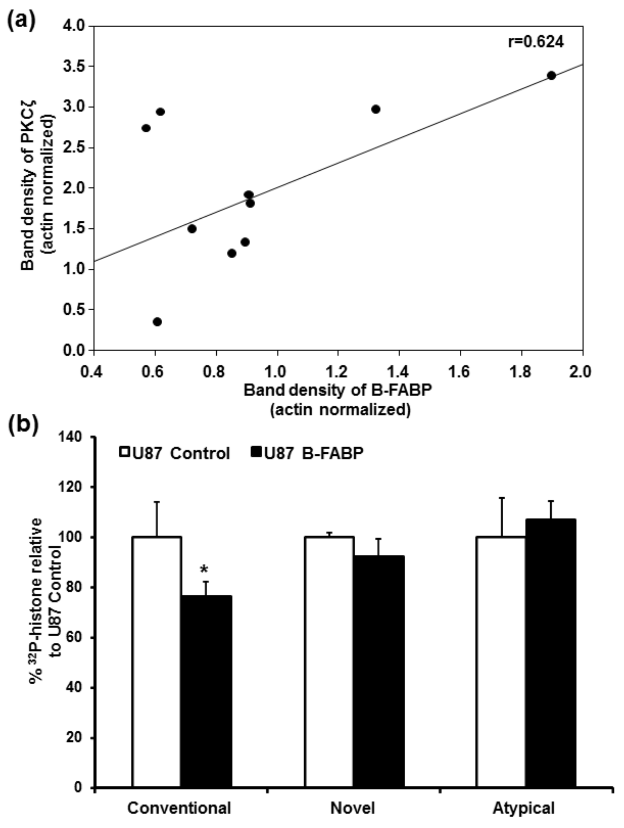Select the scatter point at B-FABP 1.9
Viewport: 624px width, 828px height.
click(551, 76)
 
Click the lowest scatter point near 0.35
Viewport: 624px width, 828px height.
click(157, 322)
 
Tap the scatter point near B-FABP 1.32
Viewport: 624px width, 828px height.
click(376, 109)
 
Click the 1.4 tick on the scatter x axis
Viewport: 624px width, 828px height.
click(399, 372)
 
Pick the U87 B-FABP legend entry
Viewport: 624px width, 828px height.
click(307, 453)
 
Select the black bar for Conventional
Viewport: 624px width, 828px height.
click(206, 692)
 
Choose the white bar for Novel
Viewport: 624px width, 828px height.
click(330, 663)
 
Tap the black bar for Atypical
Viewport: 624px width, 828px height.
click(550, 655)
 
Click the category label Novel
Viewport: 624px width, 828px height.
click(352, 808)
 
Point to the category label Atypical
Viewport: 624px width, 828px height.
click(523, 808)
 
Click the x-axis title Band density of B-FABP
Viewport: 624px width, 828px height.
click(338, 390)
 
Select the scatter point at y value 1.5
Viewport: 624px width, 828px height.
click(192, 229)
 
